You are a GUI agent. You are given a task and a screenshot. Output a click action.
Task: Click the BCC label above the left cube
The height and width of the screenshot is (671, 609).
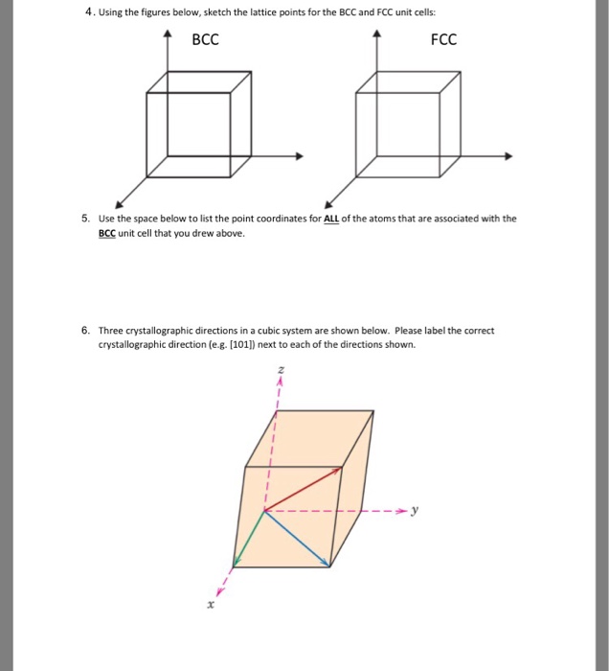206,40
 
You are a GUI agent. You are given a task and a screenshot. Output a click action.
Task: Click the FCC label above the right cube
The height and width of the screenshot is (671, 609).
443,40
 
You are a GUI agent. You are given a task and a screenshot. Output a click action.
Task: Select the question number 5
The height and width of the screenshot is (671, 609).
86,219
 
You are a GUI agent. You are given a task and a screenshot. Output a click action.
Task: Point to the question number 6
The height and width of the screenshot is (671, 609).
86,331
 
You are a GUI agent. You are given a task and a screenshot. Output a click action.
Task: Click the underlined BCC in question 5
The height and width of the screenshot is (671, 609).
109,233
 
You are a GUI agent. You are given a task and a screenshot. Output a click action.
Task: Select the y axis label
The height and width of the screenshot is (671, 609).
415,510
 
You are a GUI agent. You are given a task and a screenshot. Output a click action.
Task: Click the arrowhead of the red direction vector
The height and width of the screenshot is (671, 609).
338,470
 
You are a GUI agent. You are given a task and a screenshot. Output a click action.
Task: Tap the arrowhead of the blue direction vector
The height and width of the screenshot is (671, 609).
327,563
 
